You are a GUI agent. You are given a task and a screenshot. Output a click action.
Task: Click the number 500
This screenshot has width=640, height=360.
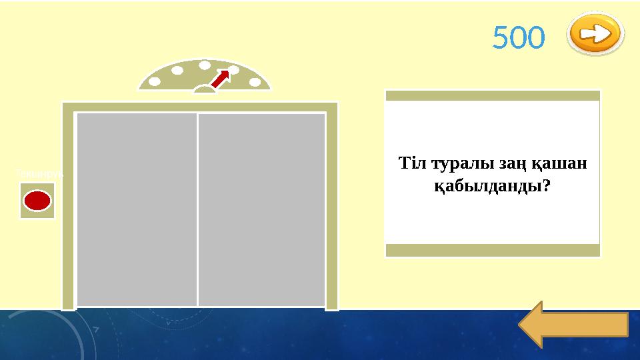coord(518,38)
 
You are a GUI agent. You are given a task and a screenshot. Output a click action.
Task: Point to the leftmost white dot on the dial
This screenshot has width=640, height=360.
coord(155,83)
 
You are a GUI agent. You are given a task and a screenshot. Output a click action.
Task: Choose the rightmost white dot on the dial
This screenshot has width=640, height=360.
coord(254,82)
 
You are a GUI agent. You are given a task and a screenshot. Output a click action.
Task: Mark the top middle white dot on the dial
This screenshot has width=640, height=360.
coord(205,65)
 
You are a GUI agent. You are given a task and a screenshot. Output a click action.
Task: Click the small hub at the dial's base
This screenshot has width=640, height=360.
coord(205,89)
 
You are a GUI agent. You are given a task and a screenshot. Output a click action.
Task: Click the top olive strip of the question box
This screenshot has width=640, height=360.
coord(493,95)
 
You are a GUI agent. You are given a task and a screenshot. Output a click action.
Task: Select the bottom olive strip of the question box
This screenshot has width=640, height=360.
coord(493,250)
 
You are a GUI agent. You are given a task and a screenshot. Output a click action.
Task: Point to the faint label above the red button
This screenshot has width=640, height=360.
coord(39,173)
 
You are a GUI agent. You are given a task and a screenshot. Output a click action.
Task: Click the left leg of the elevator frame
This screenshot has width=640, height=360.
coord(67,207)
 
